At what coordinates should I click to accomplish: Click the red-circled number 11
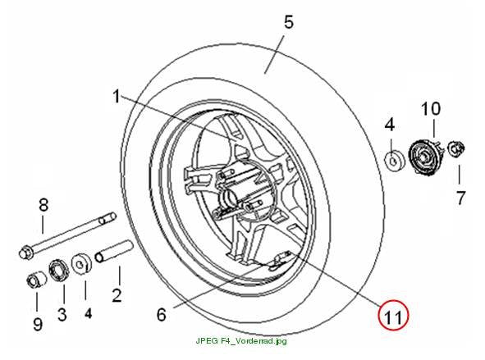click(x=393, y=316)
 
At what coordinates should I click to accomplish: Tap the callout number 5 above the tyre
click(x=288, y=22)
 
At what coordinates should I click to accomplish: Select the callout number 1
click(x=117, y=96)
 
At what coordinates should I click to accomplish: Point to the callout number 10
click(x=431, y=109)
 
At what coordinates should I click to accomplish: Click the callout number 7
click(x=460, y=198)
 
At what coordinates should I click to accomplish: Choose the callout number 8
click(x=43, y=204)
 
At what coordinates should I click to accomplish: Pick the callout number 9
click(x=38, y=324)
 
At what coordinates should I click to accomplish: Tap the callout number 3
click(x=62, y=314)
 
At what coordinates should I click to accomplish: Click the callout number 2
click(x=117, y=295)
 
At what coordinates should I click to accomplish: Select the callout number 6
click(x=162, y=315)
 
